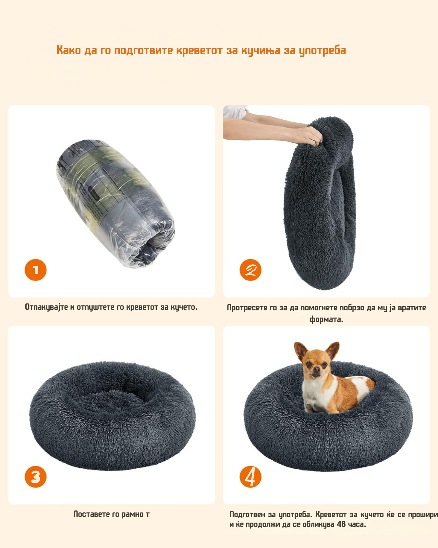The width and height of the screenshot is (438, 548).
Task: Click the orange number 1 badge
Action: [36, 270]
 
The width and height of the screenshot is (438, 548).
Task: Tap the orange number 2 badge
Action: [250, 270]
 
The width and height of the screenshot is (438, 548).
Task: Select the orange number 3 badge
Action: [36, 477]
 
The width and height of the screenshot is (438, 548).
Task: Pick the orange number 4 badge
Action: [250, 477]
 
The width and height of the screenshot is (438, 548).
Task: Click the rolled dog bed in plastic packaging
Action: [116, 204]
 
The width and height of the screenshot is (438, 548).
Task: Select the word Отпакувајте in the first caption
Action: [46, 307]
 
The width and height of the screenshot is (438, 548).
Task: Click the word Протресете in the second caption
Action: [247, 308]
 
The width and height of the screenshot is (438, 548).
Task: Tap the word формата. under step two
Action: [326, 319]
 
